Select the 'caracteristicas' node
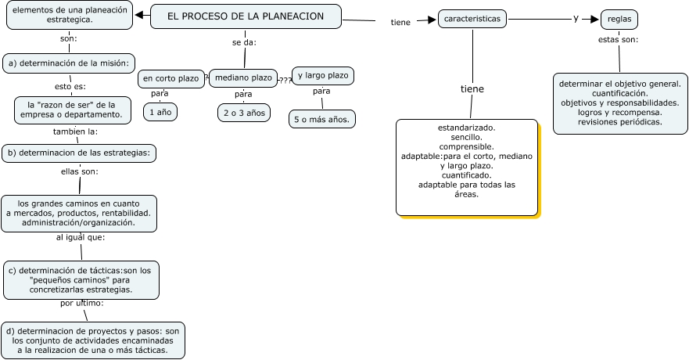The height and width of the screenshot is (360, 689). [x=472, y=19]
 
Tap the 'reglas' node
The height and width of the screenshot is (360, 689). [x=619, y=20]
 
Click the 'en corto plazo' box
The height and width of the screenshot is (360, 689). [x=170, y=79]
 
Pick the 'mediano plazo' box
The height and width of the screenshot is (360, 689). [x=243, y=77]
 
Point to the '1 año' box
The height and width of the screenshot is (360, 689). [x=160, y=113]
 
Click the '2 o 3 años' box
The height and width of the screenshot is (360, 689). [x=244, y=113]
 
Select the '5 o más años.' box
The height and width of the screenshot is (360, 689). [x=322, y=120]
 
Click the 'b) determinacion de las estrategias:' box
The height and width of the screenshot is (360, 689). [x=78, y=153]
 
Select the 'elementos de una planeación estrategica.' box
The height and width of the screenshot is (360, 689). [x=69, y=15]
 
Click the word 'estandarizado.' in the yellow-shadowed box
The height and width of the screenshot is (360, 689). [x=466, y=127]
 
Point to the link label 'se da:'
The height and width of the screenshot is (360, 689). [x=244, y=41]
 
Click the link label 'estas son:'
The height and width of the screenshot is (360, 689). [x=618, y=39]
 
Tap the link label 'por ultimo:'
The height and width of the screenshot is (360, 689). [x=81, y=302]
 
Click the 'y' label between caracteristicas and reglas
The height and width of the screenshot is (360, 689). [x=576, y=18]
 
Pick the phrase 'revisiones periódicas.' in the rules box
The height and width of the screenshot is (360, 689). [x=619, y=122]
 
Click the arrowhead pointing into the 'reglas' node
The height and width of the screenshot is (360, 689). [x=595, y=19]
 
